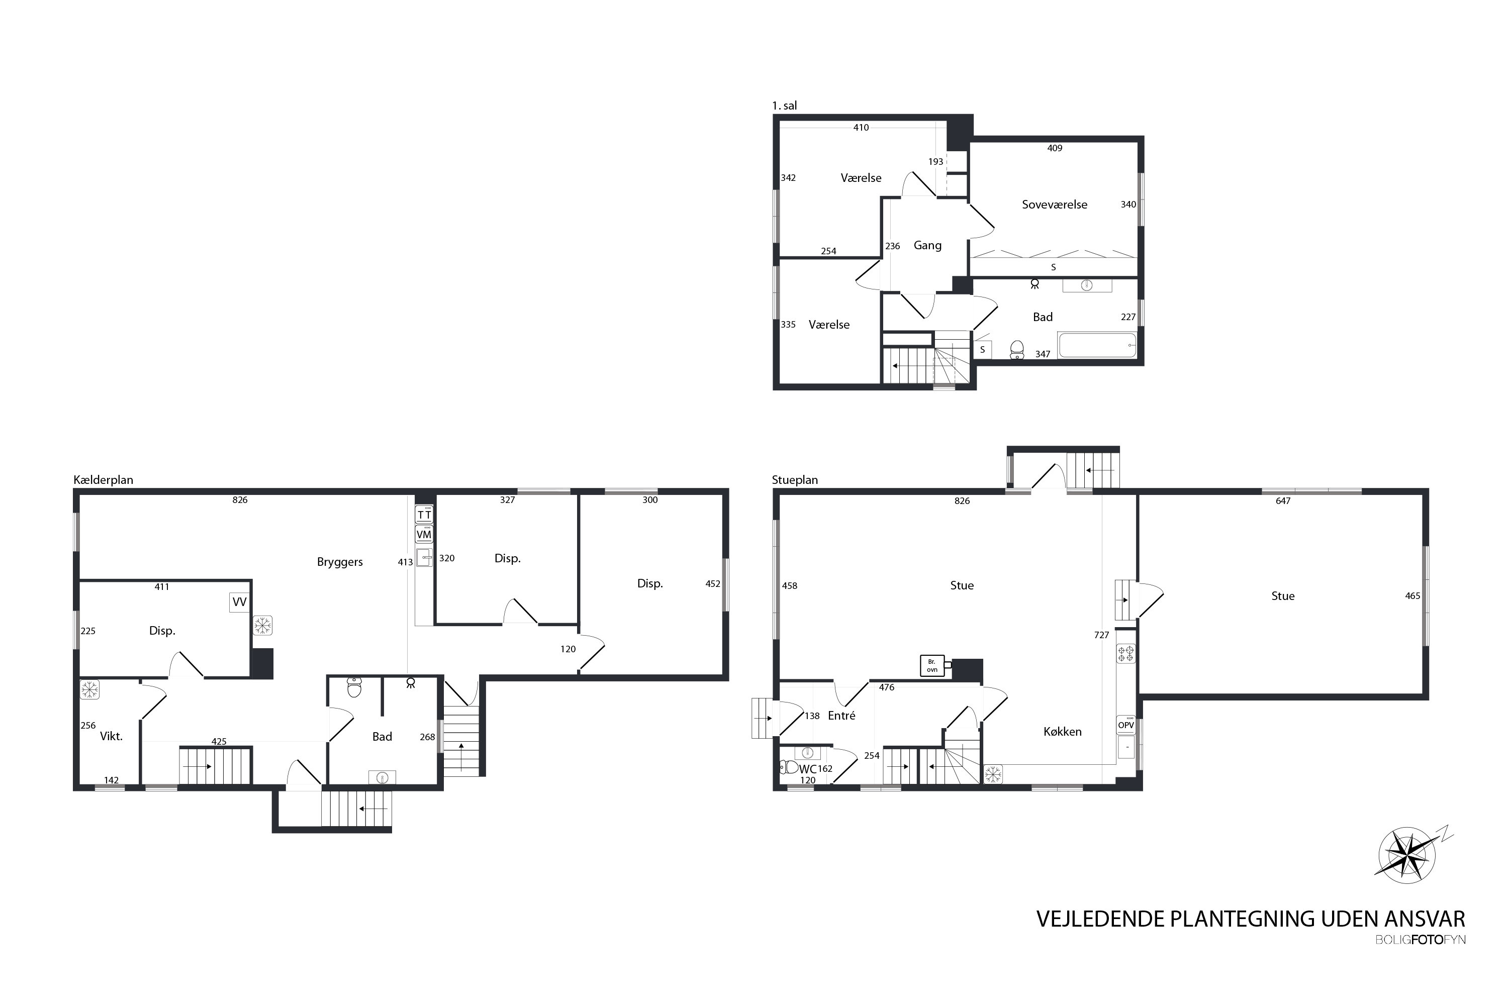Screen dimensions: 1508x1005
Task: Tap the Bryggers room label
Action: coord(340,562)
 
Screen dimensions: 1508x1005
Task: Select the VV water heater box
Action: coord(239,602)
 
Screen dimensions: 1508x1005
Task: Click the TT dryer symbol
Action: coord(424,515)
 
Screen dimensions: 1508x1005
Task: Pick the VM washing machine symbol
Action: coord(424,534)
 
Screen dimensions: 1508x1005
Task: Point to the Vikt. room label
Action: coord(111,737)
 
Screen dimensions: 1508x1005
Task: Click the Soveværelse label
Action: coord(1055,205)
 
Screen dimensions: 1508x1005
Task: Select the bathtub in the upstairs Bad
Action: coord(1097,345)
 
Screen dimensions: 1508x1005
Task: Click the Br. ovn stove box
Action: coord(932,666)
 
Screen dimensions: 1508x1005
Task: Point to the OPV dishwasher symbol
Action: coord(1126,725)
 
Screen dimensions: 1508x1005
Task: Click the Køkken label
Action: coord(1063,732)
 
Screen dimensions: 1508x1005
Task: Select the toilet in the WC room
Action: coord(789,767)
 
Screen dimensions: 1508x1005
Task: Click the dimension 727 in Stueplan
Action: coord(1101,635)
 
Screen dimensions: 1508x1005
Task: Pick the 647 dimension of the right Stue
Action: coord(1283,501)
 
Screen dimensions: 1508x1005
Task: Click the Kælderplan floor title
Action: coord(103,480)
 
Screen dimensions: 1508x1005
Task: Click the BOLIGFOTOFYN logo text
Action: coord(1420,940)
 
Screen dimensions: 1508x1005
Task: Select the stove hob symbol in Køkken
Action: coord(1126,654)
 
